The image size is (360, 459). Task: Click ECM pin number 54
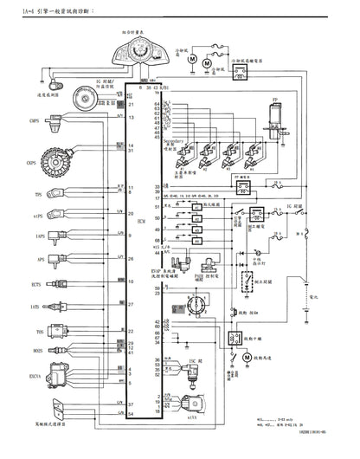(x=131, y=415)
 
